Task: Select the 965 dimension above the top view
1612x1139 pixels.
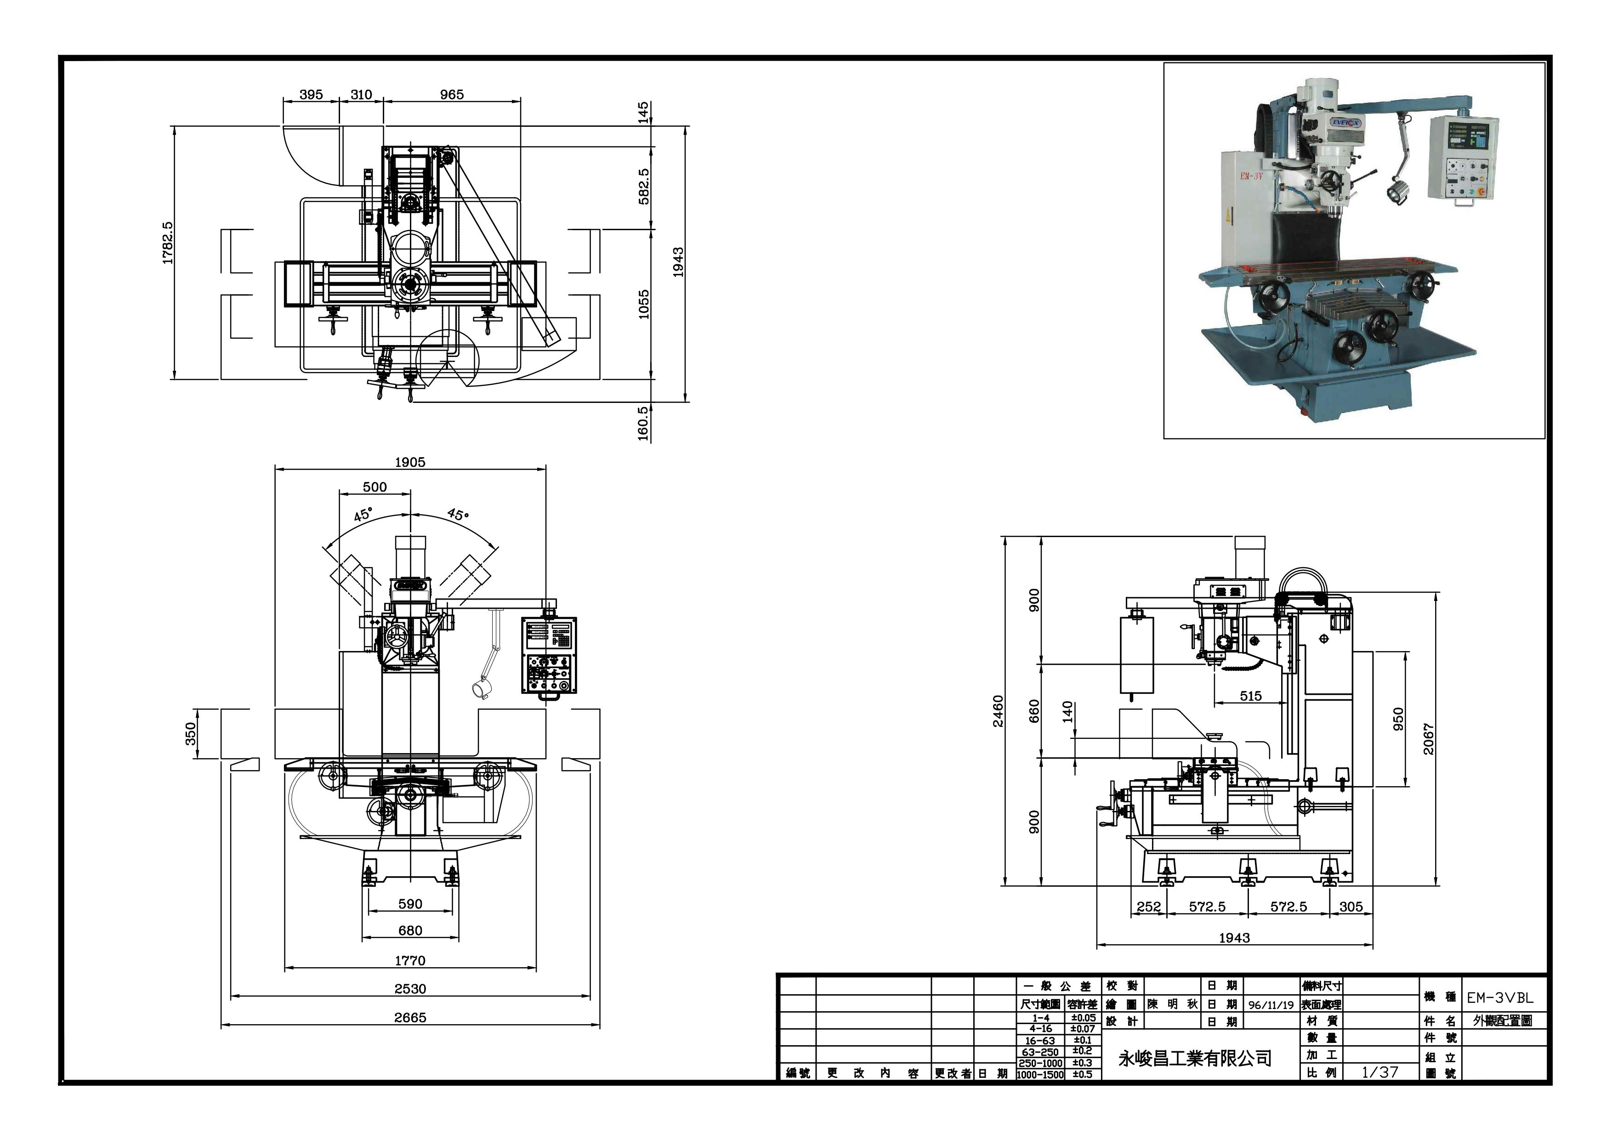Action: coord(451,95)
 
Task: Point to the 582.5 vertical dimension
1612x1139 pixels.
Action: coord(644,186)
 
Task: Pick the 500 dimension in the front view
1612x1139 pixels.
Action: coord(375,487)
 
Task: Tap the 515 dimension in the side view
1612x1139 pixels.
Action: coord(1250,696)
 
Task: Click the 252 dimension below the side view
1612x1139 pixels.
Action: coord(1149,907)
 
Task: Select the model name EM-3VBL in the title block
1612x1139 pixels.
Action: coord(1500,997)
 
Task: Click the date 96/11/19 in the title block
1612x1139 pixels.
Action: coord(1271,1005)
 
